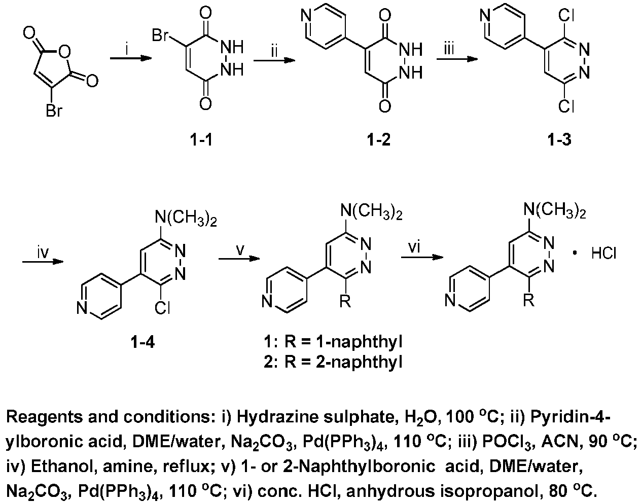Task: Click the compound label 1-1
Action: point(201,139)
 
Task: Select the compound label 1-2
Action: point(379,139)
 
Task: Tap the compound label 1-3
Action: point(559,139)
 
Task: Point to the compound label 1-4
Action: point(143,342)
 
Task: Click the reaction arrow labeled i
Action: point(131,58)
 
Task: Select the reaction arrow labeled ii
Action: point(274,60)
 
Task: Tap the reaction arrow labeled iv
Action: point(43,262)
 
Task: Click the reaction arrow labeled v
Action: point(239,259)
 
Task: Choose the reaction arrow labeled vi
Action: point(422,258)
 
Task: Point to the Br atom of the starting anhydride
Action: point(54,112)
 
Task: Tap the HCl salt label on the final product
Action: point(604,253)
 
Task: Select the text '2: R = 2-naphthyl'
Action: point(333,362)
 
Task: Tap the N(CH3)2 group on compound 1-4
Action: point(186,220)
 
